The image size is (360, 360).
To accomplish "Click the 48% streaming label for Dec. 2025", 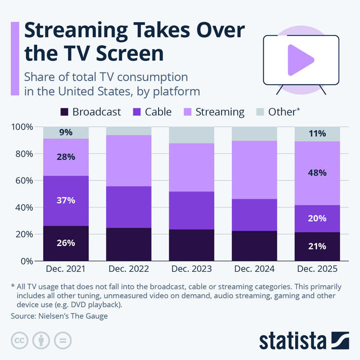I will click(317, 172).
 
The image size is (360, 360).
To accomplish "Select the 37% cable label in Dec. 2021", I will click(66, 200).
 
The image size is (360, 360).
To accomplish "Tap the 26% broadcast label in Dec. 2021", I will click(66, 243).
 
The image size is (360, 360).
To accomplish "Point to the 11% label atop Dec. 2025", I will click(317, 133).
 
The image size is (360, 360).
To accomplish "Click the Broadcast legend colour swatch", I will click(64, 112).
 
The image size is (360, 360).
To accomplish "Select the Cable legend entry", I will click(151, 112).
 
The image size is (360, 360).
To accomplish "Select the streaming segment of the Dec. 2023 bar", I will click(192, 167).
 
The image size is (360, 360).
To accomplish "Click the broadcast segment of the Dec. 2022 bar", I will click(129, 244).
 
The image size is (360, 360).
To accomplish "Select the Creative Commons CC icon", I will click(19, 340).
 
